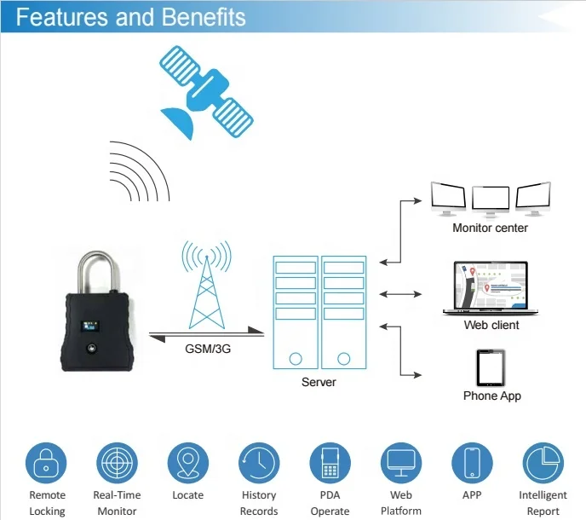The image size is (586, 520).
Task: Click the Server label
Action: pos(319,382)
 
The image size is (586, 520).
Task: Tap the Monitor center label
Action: pos(490,228)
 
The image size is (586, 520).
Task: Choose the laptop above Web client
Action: pos(490,288)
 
